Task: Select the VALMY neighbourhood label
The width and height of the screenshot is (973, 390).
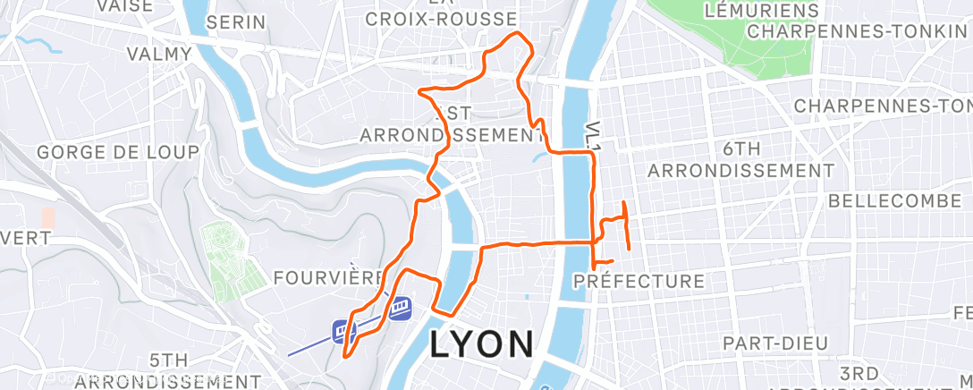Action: (159, 54)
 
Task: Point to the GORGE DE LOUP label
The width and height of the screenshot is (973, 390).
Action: (118, 152)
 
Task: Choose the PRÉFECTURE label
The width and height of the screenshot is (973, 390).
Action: (639, 281)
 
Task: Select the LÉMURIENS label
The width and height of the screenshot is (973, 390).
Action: (762, 11)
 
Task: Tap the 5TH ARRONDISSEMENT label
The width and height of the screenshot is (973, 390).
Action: (167, 370)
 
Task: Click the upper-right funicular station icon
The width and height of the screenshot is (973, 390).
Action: (400, 307)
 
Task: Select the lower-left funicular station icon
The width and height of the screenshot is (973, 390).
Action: (343, 331)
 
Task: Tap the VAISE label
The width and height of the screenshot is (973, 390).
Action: (123, 5)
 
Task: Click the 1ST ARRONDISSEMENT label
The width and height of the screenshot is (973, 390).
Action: (452, 125)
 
